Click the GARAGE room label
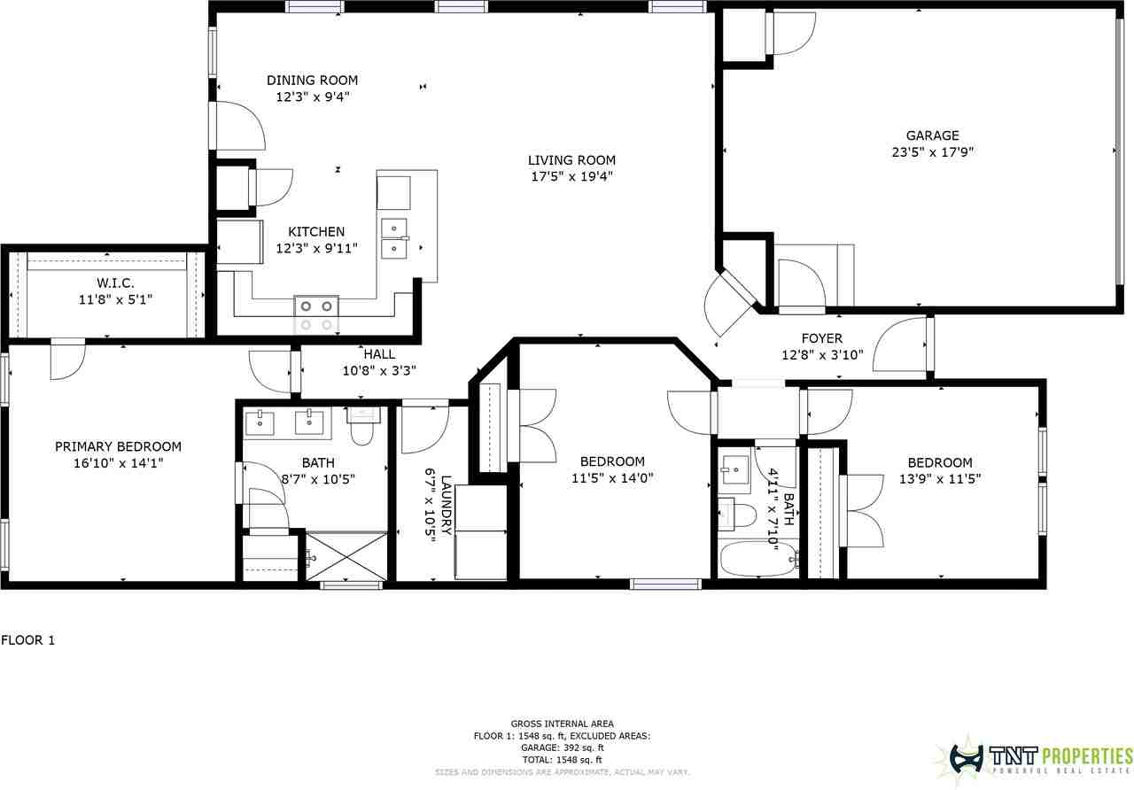coord(933,136)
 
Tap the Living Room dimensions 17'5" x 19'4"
coord(572,176)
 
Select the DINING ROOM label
coord(313,81)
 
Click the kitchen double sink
coord(394,238)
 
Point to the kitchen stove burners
coord(316,314)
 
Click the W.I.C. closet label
coord(115,283)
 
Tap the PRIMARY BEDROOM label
coord(118,447)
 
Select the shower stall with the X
coord(346,556)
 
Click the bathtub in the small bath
coord(758,559)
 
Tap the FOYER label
coord(822,338)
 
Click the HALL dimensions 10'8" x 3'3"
coord(380,371)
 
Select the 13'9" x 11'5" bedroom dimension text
coord(940,479)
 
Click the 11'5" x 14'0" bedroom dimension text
coord(612,477)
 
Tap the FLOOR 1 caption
coord(27,640)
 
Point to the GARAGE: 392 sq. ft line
coord(563,747)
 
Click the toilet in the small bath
coord(737,515)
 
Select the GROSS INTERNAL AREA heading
coord(563,724)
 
